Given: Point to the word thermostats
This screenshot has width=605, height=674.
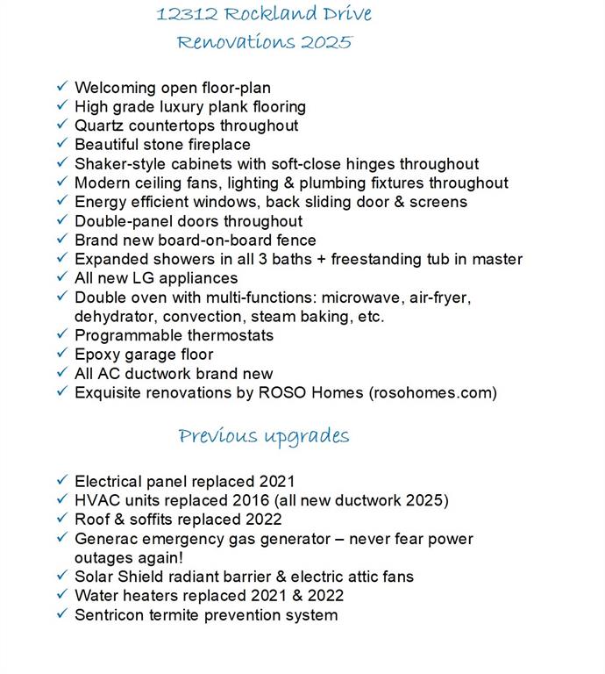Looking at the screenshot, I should click(231, 335).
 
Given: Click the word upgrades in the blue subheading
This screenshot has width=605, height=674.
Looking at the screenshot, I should click(309, 436).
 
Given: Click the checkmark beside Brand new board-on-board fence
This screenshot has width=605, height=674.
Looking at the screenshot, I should click(61, 240).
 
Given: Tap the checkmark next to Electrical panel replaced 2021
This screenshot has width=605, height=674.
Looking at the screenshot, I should click(61, 481).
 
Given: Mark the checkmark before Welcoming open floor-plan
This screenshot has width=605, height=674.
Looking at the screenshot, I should click(61, 87).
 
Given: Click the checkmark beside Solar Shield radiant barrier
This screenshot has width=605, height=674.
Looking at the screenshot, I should click(61, 577).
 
